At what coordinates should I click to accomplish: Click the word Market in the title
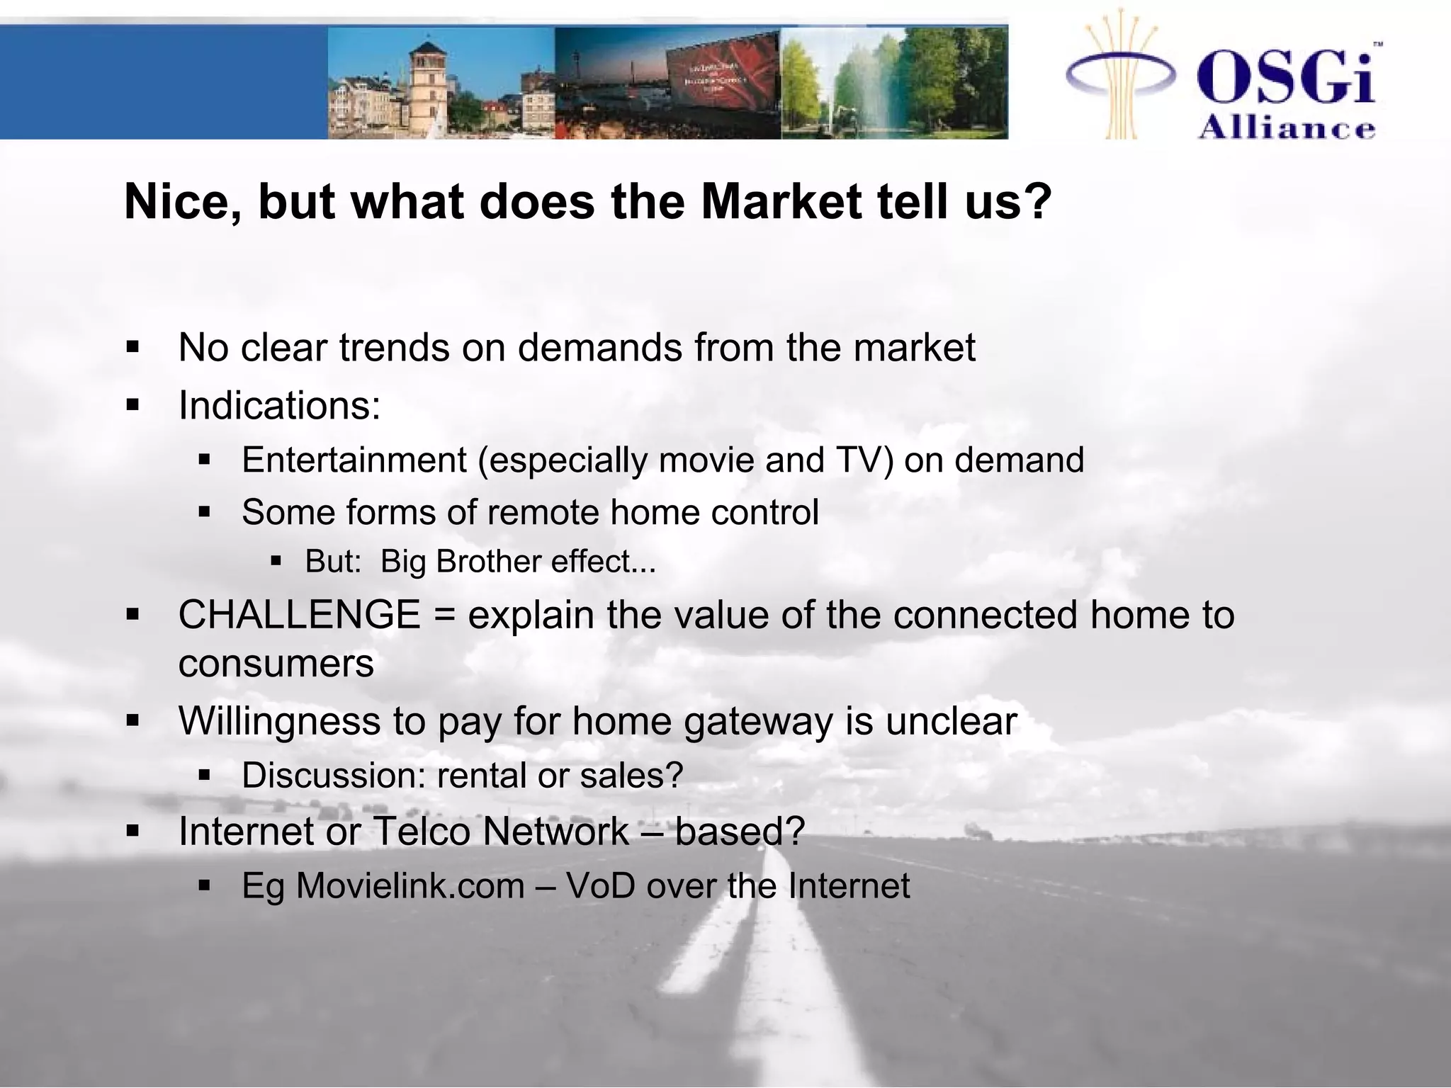click(x=781, y=202)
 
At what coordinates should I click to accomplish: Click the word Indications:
click(x=279, y=406)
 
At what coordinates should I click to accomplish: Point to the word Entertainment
click(x=354, y=460)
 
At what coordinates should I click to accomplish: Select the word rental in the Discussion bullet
click(x=481, y=775)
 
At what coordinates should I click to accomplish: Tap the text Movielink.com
click(x=410, y=885)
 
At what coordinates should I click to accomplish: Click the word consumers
click(x=276, y=664)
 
